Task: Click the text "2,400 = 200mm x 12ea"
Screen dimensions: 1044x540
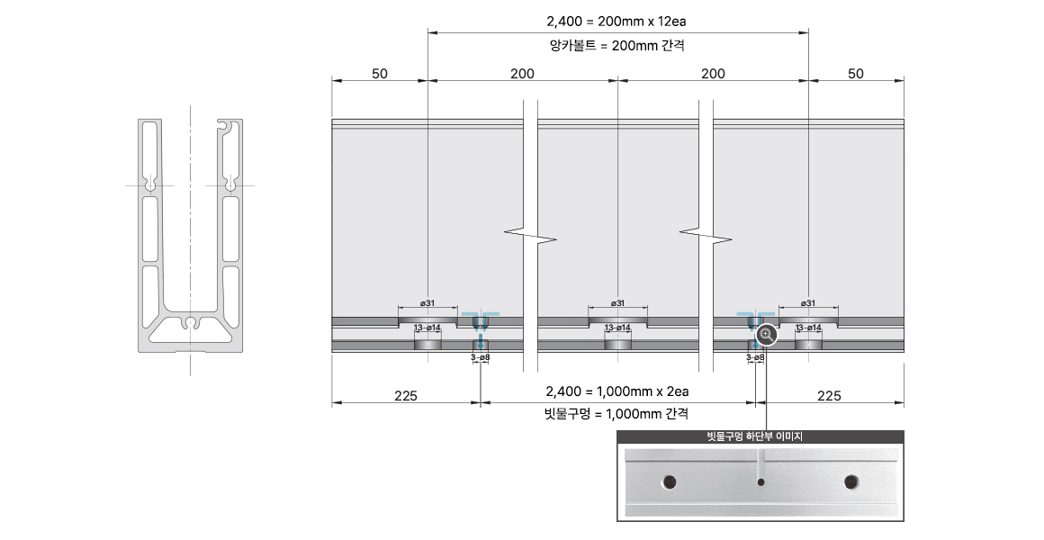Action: point(616,22)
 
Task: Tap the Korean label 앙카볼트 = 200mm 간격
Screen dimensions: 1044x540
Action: point(616,45)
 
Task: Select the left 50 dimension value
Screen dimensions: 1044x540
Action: point(380,73)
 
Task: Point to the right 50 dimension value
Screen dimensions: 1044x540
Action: point(856,73)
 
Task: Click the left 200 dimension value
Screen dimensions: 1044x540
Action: point(523,73)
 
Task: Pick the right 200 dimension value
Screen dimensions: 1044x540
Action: point(713,73)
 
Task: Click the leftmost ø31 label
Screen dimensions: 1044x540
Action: point(427,303)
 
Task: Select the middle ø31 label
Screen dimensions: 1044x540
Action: point(618,303)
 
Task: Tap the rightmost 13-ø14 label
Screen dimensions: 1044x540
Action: point(808,328)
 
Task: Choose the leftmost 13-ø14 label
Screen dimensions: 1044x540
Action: point(427,328)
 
